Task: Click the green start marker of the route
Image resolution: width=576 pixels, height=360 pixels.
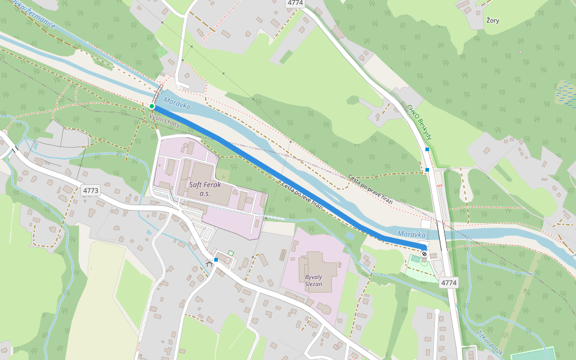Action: pyautogui.click(x=152, y=106)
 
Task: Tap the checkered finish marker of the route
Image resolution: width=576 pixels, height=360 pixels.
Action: pyautogui.click(x=425, y=254)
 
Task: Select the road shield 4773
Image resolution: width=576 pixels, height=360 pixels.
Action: pyautogui.click(x=91, y=190)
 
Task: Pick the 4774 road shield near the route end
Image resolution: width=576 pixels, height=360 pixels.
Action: pyautogui.click(x=448, y=282)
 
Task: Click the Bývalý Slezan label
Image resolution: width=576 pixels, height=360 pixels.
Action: pyautogui.click(x=313, y=279)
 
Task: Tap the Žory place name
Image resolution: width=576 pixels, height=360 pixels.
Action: pyautogui.click(x=492, y=20)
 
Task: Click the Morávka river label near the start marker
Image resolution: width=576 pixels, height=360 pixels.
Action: pyautogui.click(x=176, y=104)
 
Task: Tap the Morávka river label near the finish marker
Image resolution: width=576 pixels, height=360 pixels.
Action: pyautogui.click(x=411, y=235)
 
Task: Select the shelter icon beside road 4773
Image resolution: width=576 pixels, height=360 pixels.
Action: pyautogui.click(x=209, y=263)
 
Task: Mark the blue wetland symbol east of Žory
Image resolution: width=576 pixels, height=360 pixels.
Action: pyautogui.click(x=565, y=93)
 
